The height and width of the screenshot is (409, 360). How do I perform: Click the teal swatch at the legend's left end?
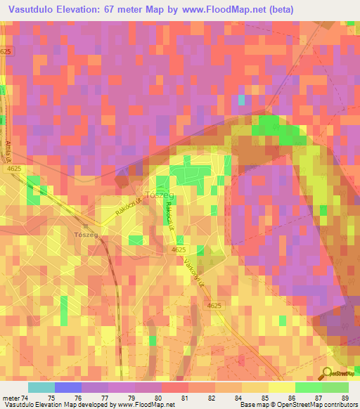(x=41, y=387)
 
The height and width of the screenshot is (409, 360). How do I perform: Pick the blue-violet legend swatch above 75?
(x=67, y=387)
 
